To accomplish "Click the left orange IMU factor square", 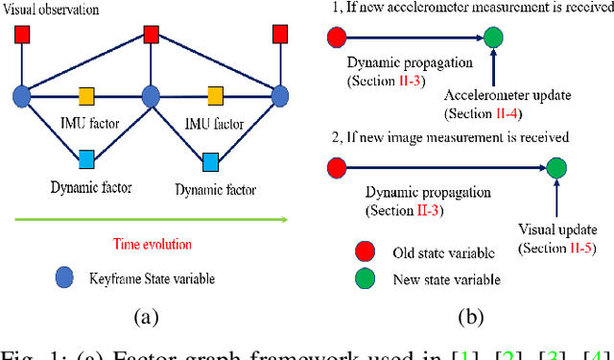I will (x=86, y=96).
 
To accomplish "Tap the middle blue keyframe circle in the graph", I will (x=151, y=96).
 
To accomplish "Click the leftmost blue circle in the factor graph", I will (x=23, y=96).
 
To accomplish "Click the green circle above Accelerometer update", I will (x=492, y=38).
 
